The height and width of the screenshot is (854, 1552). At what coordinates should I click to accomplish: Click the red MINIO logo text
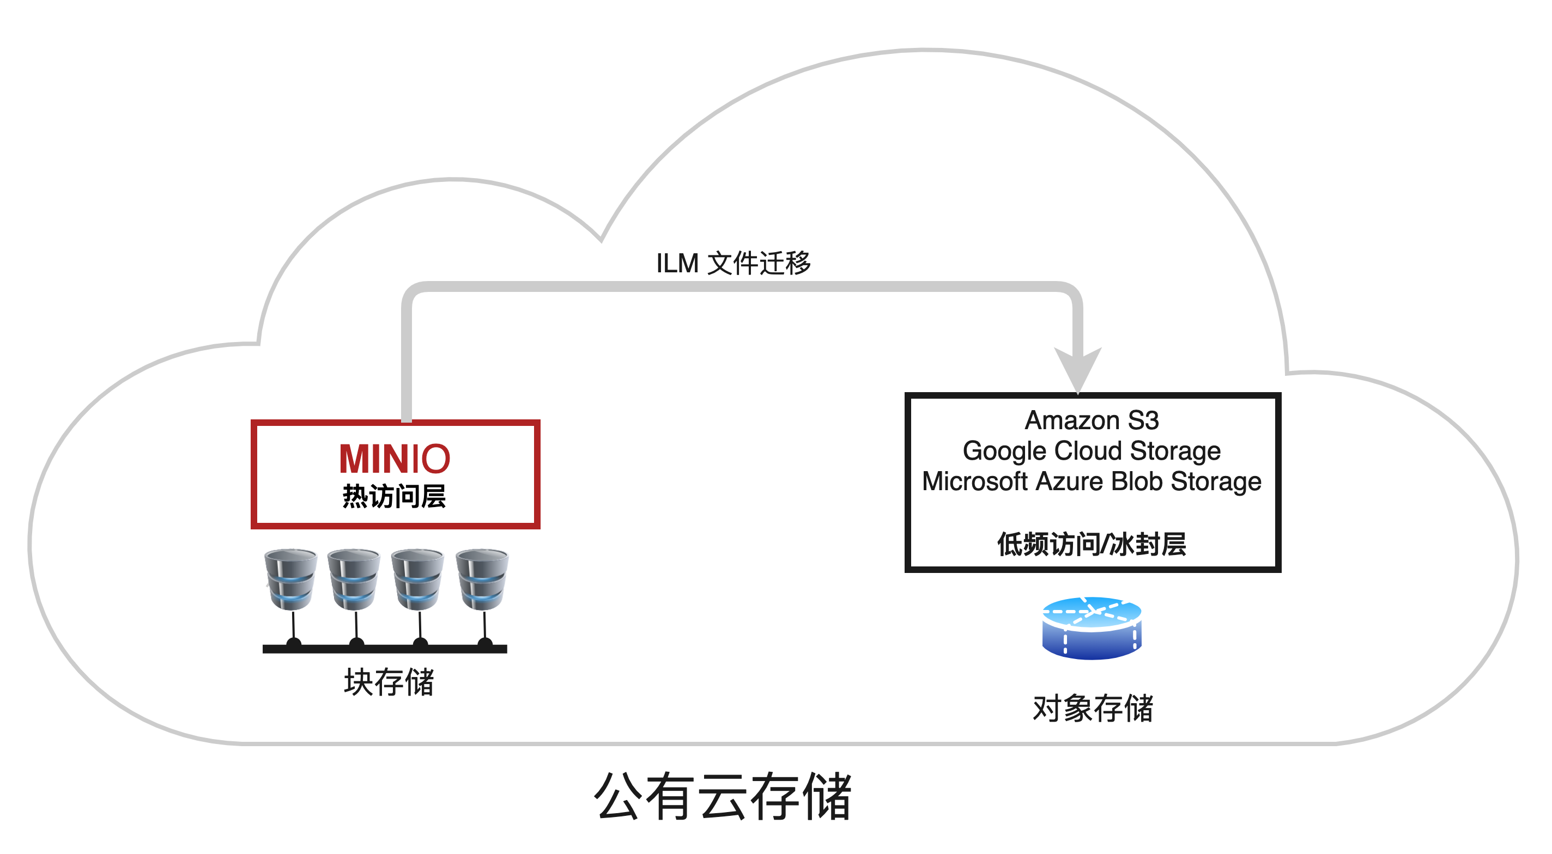tap(395, 459)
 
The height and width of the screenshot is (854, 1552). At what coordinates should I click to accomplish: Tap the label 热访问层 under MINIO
tap(395, 497)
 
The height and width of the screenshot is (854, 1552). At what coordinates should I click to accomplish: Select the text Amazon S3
tap(1092, 420)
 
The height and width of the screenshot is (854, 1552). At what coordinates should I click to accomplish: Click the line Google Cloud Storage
tap(1092, 451)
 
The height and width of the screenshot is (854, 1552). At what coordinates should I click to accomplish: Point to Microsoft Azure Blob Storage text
tap(1092, 482)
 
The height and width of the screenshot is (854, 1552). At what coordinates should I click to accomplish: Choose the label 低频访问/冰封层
tap(1092, 545)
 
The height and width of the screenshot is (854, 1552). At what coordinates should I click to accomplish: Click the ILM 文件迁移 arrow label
tap(733, 263)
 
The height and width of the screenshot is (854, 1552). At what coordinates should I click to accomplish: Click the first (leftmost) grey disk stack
tap(291, 579)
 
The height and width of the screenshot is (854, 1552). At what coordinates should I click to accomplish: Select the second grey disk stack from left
tap(354, 579)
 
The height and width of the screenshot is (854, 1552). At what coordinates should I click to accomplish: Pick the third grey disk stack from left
tap(418, 579)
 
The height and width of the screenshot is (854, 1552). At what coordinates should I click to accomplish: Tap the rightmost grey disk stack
tap(482, 579)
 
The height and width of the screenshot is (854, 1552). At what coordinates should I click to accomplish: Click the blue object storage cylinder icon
tap(1092, 627)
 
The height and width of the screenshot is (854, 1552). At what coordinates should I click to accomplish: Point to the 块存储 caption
tap(389, 682)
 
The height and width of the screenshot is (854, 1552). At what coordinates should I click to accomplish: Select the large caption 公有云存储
tap(723, 796)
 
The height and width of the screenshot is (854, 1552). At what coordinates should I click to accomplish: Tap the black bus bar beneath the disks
tap(385, 649)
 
